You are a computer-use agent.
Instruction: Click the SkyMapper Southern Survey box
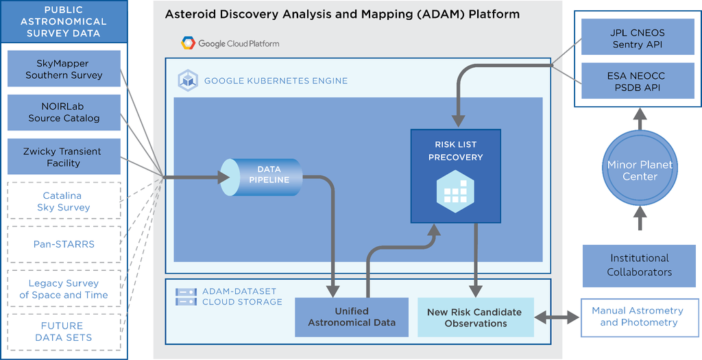(x=64, y=69)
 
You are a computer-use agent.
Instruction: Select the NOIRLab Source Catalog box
(x=64, y=112)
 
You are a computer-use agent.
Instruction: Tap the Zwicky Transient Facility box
(x=64, y=156)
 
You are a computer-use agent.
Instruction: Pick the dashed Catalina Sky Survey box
(x=64, y=201)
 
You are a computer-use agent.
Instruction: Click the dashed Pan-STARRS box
(x=64, y=244)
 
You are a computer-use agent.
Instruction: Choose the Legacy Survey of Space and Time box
(x=64, y=289)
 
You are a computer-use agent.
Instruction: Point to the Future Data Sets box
(x=64, y=332)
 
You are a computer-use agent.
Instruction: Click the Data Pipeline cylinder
(x=261, y=177)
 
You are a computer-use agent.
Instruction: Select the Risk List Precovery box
(x=456, y=176)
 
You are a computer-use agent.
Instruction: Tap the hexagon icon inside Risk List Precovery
(x=455, y=191)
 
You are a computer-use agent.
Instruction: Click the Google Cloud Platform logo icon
(x=188, y=43)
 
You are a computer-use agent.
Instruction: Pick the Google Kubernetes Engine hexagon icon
(x=188, y=81)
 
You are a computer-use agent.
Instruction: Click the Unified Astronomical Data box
(x=352, y=317)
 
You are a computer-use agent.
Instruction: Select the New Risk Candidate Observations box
(x=476, y=317)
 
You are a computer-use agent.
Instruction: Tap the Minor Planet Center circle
(x=640, y=168)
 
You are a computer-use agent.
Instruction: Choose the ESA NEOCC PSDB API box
(x=638, y=81)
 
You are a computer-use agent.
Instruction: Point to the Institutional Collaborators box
(x=639, y=265)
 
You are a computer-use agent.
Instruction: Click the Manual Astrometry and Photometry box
(x=639, y=317)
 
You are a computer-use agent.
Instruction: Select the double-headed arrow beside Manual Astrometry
(x=557, y=317)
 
